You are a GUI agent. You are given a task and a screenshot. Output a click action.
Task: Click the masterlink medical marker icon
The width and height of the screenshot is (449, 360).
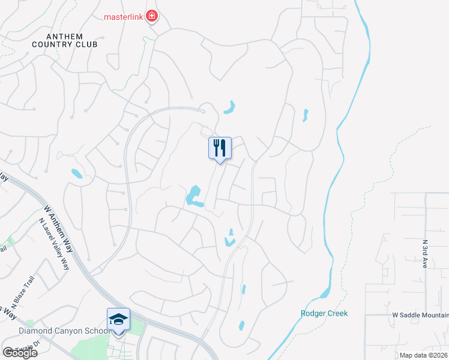click(x=152, y=16)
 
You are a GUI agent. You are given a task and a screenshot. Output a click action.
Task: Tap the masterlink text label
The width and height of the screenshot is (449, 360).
click(x=124, y=17)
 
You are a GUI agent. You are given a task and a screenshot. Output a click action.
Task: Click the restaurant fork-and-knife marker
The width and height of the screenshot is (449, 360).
click(x=219, y=148)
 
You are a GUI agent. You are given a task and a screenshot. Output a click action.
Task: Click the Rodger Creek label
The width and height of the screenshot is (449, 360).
click(x=324, y=313)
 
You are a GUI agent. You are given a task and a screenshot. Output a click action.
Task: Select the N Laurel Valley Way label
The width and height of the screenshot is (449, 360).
click(x=54, y=245)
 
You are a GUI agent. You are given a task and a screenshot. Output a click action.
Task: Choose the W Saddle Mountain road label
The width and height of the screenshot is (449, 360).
click(x=420, y=315)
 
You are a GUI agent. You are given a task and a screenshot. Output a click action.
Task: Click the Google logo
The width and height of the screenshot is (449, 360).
click(x=19, y=353)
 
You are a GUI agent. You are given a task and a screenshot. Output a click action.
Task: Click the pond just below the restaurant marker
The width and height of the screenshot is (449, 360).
click(x=194, y=197)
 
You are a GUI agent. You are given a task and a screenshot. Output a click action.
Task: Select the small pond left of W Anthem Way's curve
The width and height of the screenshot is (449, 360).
click(x=77, y=174)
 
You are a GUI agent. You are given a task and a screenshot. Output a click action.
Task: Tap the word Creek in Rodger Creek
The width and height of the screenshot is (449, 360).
click(x=337, y=313)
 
